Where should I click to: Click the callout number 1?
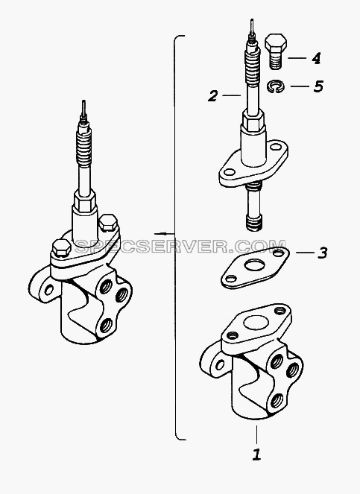coord(256,455)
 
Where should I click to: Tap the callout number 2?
coord(212,95)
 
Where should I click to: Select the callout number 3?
coord(322,253)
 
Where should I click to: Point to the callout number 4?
coord(316,59)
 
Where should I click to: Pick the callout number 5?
coord(318,86)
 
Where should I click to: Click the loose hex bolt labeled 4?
coord(276,51)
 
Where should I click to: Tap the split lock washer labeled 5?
coord(276,86)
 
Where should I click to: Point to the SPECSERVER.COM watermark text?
coord(180,247)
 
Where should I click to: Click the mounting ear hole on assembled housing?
coord(48,290)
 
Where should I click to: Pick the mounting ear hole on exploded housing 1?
coord(220,364)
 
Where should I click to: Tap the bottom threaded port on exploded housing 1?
coord(277,400)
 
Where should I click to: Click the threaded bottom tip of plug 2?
coord(253,223)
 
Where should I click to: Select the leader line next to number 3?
coord(305,253)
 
